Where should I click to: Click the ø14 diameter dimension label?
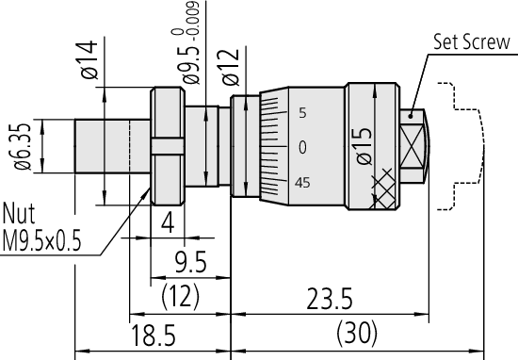[89, 59]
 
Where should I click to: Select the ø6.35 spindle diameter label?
[23, 147]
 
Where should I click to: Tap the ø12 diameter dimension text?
[230, 67]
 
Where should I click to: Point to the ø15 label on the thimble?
[364, 145]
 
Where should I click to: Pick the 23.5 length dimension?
[330, 299]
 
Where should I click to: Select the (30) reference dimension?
[356, 333]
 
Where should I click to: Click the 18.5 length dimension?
[154, 335]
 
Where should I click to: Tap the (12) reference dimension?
[181, 296]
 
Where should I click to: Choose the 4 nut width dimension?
[168, 222]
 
